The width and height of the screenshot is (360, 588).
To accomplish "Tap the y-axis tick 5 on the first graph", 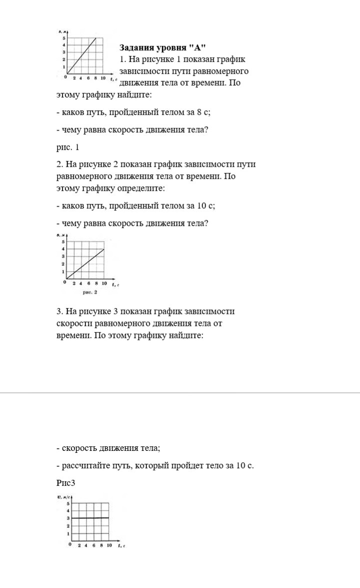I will coord(64,38).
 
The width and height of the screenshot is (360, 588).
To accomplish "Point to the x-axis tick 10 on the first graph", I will coord(102,79).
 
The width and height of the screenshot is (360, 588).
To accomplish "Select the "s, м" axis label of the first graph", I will coord(62,32).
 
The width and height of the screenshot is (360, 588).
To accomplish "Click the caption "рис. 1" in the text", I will coord(68,148).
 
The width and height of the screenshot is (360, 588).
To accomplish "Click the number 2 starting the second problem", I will coord(58,165).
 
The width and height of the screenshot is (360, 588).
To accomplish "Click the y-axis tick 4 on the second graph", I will coord(63,249).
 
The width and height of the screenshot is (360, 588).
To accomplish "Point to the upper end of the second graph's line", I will coord(103,249).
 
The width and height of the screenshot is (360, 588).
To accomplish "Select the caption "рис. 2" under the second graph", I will coord(90,292).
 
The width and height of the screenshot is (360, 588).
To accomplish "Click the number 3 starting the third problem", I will coord(58,312).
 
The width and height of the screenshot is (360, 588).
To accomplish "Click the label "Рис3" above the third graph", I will coord(65,483).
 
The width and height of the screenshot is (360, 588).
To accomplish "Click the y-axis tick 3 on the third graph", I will coord(68,518).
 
